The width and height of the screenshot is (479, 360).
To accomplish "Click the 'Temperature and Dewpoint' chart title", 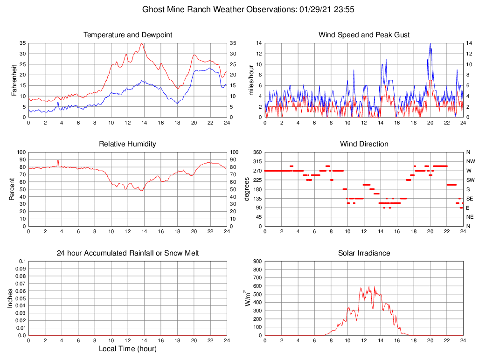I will point(127,35).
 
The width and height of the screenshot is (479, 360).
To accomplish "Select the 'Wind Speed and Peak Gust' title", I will point(364,35).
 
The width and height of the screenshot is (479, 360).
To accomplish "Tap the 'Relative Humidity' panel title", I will point(127,144).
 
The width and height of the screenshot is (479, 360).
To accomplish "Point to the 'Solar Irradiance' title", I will point(364,253).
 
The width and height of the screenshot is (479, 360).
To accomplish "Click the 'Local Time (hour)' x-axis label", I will point(127,349).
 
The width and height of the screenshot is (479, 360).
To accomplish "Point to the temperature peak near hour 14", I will point(141,43).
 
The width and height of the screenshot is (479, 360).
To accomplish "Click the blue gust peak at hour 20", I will point(430,43).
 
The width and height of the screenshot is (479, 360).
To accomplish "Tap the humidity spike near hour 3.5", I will point(58,160).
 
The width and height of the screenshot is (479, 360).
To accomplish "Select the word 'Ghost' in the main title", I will point(153,9).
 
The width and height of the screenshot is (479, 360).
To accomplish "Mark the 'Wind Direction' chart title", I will point(364,144).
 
